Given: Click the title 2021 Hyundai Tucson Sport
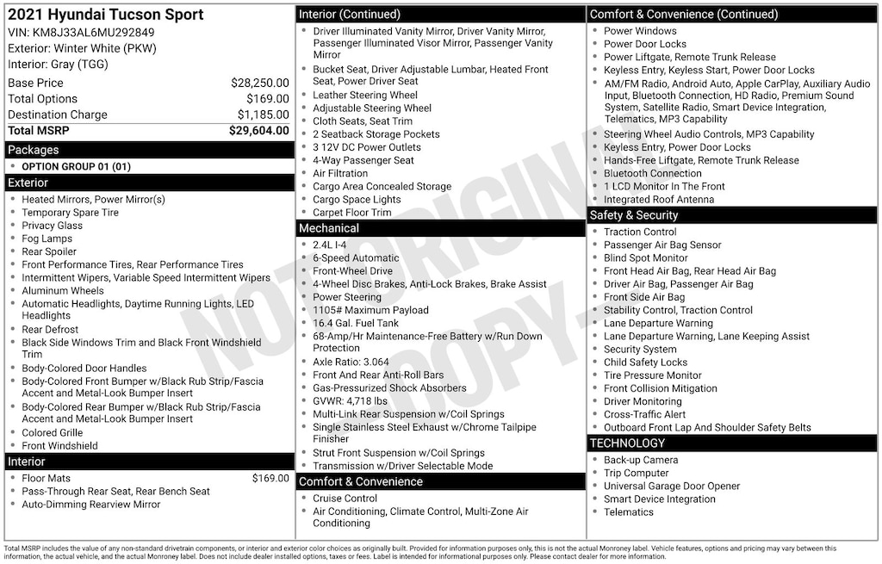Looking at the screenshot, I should (106, 15).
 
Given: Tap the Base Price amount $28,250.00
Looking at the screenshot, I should (259, 84).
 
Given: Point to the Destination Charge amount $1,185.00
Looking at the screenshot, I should (263, 115).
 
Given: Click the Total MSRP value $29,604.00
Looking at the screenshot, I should (258, 131).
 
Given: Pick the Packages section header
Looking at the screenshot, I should (34, 150).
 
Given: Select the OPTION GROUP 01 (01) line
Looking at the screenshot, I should (76, 166).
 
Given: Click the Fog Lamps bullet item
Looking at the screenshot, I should (47, 239).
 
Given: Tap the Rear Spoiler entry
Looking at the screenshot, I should (50, 251).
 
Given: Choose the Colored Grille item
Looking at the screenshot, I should (52, 433).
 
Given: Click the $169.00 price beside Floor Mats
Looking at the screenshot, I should (270, 478).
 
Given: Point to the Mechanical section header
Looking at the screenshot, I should (328, 228).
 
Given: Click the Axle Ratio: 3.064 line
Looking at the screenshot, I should (351, 362).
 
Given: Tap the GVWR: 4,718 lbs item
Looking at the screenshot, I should (350, 401).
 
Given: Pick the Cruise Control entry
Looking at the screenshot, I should (345, 499).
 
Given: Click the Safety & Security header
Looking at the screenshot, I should (634, 215).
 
